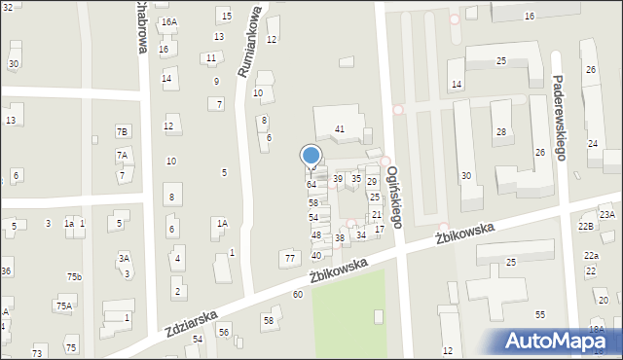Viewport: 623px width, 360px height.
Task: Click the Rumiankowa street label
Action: click(248, 43)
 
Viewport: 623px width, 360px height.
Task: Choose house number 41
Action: click(340, 128)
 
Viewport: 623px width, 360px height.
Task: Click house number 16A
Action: click(169, 21)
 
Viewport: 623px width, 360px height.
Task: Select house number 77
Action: click(290, 258)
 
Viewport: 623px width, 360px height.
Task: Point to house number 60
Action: click(298, 294)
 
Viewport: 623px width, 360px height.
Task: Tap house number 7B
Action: click(122, 131)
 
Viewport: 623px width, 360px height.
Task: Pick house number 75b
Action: click(74, 277)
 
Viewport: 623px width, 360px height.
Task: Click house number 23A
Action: click(606, 214)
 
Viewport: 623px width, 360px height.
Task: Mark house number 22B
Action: click(585, 226)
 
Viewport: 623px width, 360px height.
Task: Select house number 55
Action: click(540, 314)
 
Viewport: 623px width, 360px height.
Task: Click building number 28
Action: click(500, 131)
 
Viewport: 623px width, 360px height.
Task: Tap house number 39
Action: click(338, 178)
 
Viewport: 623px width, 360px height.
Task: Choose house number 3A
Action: click(124, 258)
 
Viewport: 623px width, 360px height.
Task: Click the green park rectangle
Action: click(349, 312)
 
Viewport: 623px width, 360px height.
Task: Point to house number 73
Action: click(38, 351)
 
